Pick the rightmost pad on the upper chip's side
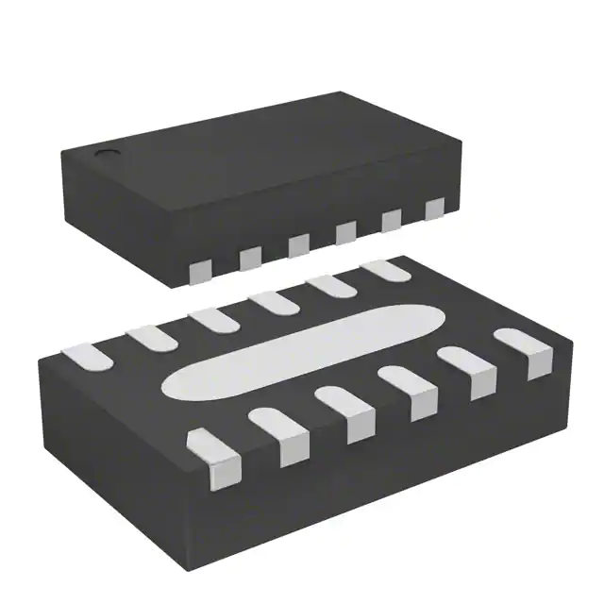click(434, 210)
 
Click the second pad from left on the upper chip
click(250, 258)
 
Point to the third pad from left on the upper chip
click(299, 244)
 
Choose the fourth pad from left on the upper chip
click(345, 232)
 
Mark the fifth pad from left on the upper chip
click(391, 221)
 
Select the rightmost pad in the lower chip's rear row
click(386, 269)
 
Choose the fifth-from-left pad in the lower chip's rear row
click(329, 285)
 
